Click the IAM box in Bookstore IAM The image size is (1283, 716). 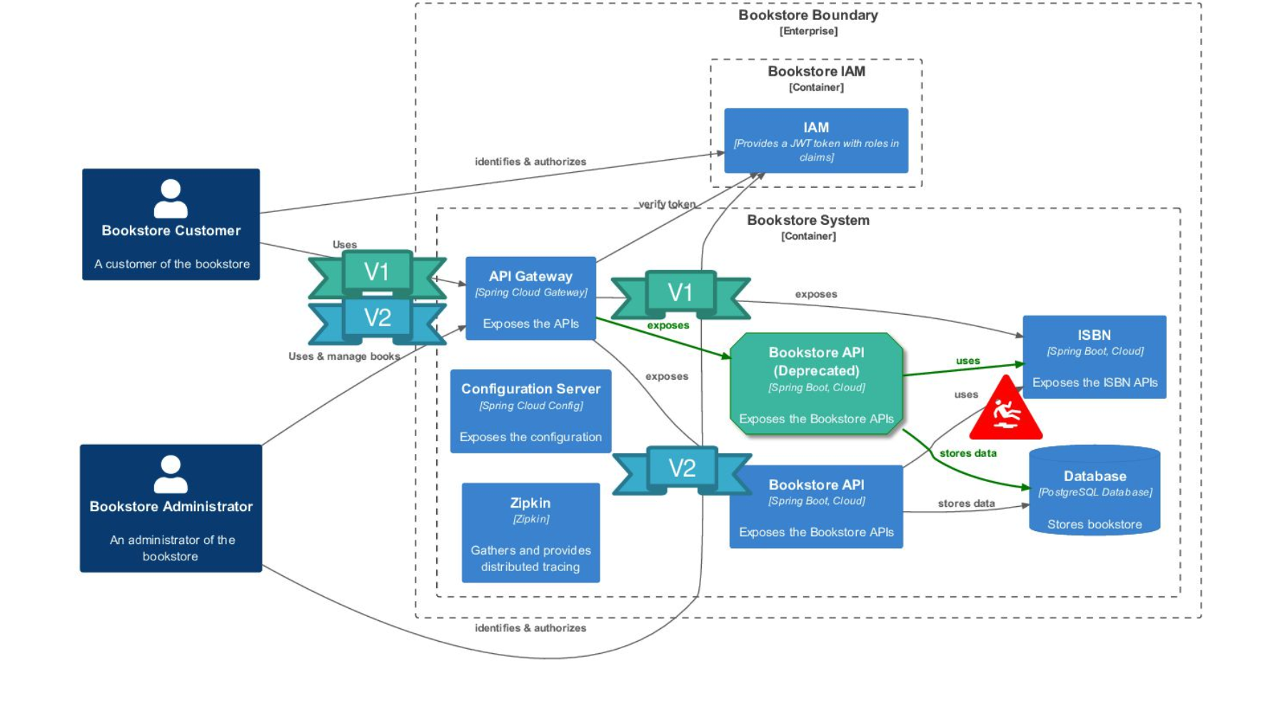click(x=815, y=141)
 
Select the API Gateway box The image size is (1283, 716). click(x=530, y=298)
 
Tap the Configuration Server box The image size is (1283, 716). click(x=530, y=411)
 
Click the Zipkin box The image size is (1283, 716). click(x=530, y=533)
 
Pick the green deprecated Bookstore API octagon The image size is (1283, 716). click(x=815, y=384)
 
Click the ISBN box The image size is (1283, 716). click(x=1094, y=357)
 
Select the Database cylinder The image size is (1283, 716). click(x=1094, y=491)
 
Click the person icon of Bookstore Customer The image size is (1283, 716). click(x=171, y=198)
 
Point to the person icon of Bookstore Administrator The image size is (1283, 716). click(x=171, y=475)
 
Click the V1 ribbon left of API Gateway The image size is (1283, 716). click(x=377, y=273)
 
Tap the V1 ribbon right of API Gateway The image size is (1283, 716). click(x=680, y=293)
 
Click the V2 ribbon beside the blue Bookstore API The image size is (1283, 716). click(x=682, y=468)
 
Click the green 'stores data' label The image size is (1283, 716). click(x=967, y=453)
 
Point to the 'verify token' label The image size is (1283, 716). click(x=666, y=204)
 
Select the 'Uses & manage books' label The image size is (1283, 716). click(x=343, y=356)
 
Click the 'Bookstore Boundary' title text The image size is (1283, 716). click(x=807, y=15)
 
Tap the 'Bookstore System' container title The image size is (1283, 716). click(x=807, y=220)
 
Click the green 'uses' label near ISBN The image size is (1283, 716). click(x=967, y=360)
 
